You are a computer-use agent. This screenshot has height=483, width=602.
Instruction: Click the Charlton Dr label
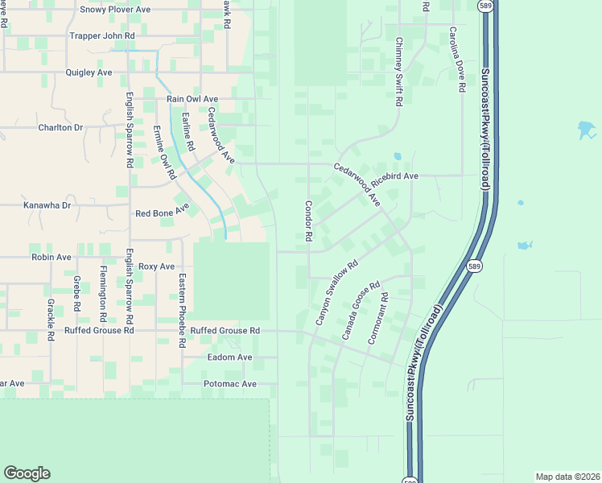pos(60,127)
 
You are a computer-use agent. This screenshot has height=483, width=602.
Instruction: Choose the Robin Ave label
pos(52,258)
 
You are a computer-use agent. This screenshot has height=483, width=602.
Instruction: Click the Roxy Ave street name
pos(156,266)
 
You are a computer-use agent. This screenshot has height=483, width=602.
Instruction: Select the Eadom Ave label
pos(229,357)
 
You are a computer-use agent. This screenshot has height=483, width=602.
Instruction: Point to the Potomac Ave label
pos(229,384)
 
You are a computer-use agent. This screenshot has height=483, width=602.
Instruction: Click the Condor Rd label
pos(307,221)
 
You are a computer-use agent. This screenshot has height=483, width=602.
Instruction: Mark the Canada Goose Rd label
pos(361,311)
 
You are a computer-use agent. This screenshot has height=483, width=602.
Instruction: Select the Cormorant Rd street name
pos(379,319)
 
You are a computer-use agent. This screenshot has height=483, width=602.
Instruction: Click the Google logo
pos(27,473)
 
